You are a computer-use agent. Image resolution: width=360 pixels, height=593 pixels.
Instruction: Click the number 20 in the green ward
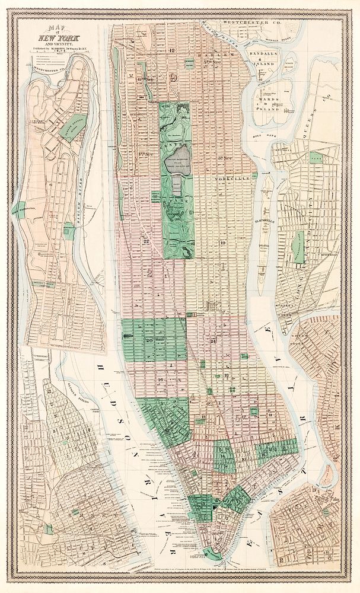150,341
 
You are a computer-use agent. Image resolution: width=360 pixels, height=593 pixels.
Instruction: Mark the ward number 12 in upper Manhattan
172,51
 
